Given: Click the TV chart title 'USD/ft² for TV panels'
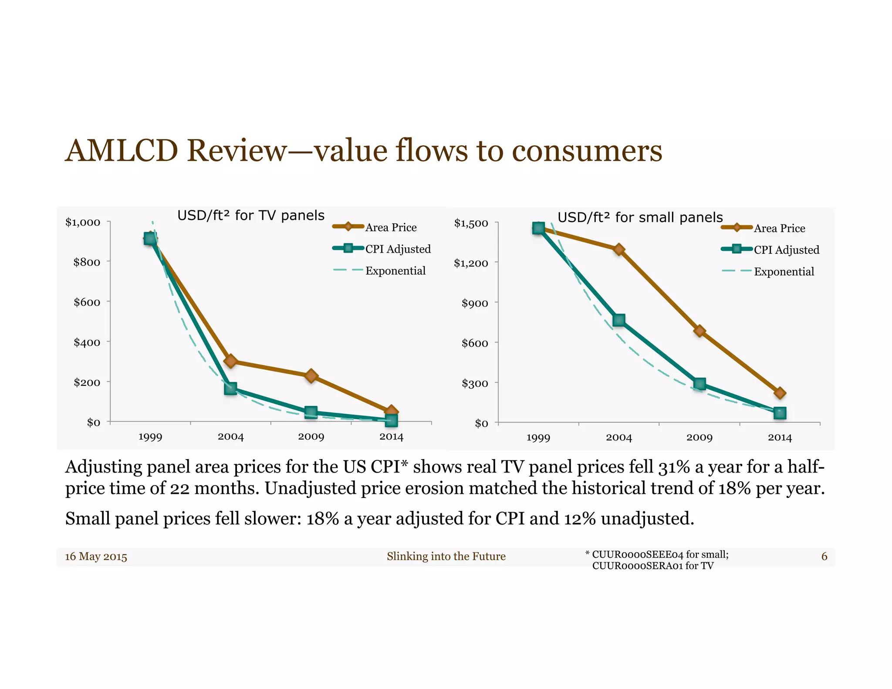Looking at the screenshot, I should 251,216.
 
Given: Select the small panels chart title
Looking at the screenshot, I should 640,217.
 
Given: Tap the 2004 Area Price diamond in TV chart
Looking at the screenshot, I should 230,361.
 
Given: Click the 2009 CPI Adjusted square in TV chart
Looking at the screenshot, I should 311,412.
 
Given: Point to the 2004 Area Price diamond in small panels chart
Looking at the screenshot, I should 619,250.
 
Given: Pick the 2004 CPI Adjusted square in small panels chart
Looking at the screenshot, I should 619,320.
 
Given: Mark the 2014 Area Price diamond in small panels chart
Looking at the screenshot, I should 780,393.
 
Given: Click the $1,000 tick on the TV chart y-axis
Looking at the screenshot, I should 83,223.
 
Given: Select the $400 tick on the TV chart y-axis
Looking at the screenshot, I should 87,342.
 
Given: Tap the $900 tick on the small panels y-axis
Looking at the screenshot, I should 475,304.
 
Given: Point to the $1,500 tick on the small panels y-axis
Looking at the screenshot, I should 471,223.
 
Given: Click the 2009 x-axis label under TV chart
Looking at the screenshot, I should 311,437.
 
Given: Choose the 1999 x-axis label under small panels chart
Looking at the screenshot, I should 538,438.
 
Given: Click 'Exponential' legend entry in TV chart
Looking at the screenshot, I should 395,271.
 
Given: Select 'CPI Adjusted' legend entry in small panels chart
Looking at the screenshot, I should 786,250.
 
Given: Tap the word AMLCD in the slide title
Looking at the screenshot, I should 122,151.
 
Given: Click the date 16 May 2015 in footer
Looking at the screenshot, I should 96,557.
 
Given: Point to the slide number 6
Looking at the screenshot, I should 824,556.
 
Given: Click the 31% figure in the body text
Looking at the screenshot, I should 674,467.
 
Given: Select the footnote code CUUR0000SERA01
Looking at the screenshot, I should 638,566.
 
